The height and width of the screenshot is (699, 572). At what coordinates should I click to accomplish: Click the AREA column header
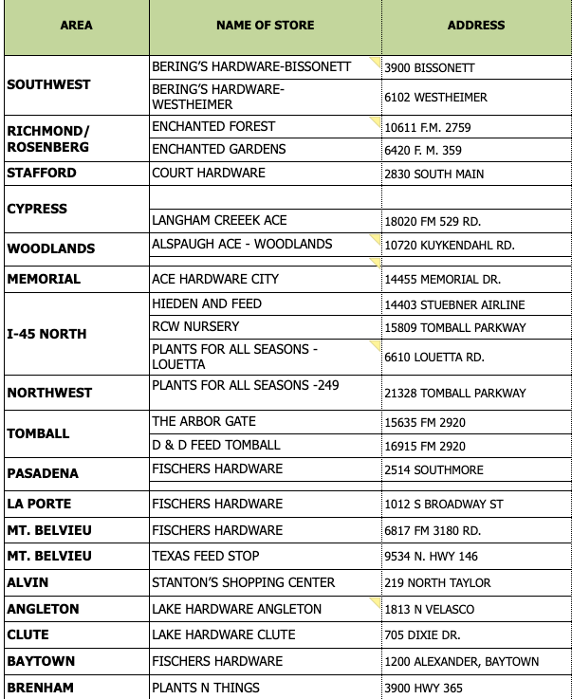(x=76, y=26)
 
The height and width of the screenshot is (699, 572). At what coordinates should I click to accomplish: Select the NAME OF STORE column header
(x=265, y=26)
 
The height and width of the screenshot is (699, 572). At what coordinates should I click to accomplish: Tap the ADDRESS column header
(x=476, y=26)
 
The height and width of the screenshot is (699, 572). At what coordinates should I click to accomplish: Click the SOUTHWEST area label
(x=48, y=84)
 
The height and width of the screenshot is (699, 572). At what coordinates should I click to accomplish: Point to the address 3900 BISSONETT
(x=429, y=68)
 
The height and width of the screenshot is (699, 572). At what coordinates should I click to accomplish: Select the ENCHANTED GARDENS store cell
(x=218, y=149)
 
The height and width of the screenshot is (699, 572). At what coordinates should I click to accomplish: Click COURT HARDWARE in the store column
(x=209, y=173)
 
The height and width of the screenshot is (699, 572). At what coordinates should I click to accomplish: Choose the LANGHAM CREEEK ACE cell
(x=219, y=220)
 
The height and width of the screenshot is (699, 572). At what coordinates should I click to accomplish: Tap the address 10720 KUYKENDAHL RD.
(x=449, y=245)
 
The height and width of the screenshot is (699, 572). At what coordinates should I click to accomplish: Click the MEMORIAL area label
(x=44, y=279)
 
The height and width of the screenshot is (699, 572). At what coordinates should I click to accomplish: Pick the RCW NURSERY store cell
(x=195, y=326)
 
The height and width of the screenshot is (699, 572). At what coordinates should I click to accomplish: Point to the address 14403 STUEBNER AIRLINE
(x=454, y=304)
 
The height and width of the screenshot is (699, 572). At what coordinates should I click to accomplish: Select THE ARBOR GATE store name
(x=204, y=421)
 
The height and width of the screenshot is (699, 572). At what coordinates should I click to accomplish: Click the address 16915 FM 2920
(x=425, y=445)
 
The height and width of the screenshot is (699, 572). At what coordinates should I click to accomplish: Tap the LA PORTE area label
(x=39, y=504)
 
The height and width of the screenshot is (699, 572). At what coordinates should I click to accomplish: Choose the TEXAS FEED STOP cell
(x=205, y=556)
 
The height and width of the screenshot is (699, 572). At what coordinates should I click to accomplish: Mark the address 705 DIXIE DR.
(x=420, y=635)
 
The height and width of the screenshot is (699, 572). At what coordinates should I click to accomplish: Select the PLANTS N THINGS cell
(x=206, y=687)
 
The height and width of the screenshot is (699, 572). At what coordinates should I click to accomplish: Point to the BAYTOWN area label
(x=41, y=660)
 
